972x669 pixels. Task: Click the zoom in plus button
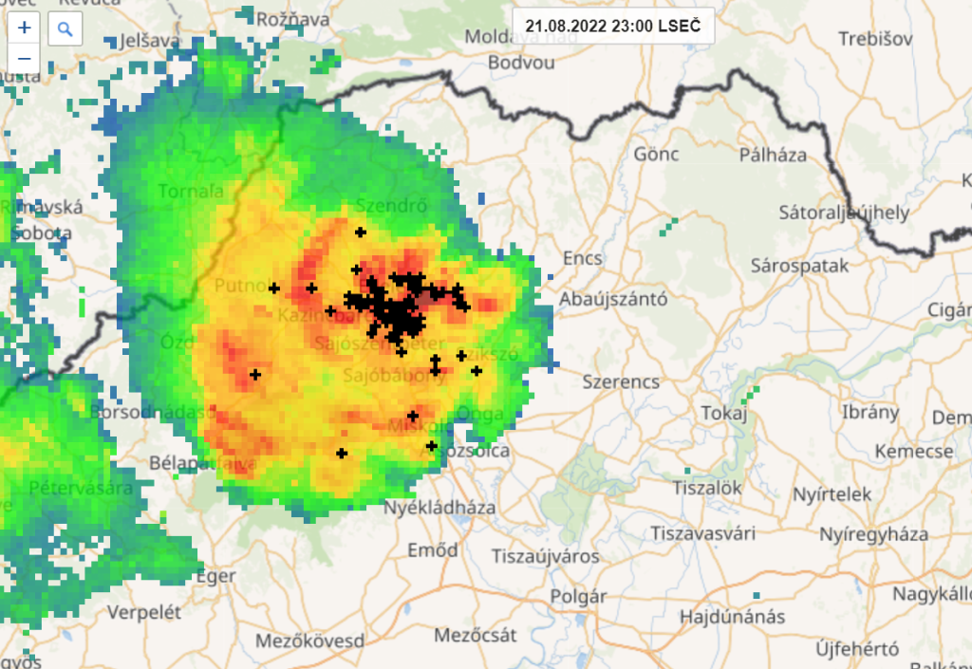tap(25, 28)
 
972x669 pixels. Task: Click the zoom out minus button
tap(25, 59)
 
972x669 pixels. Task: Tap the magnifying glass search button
tap(65, 28)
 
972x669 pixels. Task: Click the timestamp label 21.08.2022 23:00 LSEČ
tap(612, 26)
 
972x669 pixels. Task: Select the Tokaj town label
tap(725, 413)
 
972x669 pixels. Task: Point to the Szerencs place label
tap(621, 382)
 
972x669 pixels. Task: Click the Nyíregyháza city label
tap(873, 533)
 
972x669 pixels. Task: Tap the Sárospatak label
tap(799, 266)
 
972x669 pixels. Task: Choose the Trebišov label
tap(875, 39)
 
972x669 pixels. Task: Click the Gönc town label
tap(657, 154)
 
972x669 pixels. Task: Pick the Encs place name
tap(583, 258)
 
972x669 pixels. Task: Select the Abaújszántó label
tap(613, 300)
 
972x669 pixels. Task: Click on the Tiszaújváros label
tap(545, 556)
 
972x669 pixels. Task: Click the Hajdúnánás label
tap(732, 617)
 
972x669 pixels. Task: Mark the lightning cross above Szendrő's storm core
tap(360, 232)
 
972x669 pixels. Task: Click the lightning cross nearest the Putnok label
tap(274, 288)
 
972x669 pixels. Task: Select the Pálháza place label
tap(773, 155)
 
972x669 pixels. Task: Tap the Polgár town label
tap(578, 597)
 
